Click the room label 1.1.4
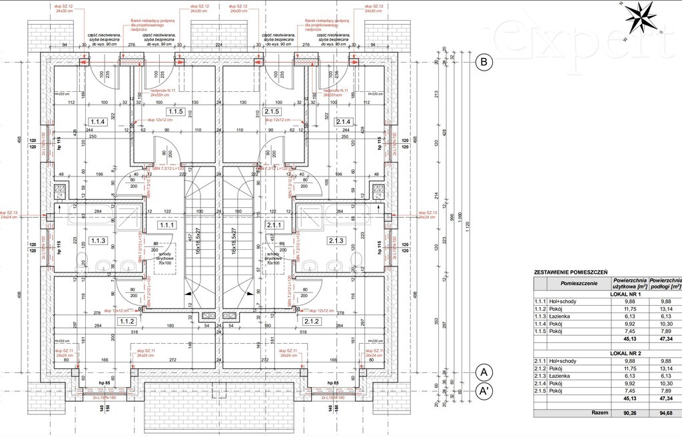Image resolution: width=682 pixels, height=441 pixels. click(98, 122)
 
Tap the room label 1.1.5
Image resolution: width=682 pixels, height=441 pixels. click(175, 111)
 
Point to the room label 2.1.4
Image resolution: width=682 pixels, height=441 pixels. click(344, 122)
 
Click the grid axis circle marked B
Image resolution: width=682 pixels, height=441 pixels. click(484, 63)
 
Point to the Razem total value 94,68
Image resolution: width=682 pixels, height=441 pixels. click(665, 413)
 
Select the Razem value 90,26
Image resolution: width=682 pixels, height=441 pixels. click(629, 413)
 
